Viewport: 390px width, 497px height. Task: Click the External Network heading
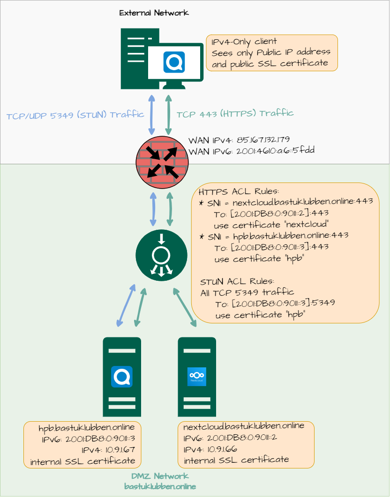[x=154, y=13]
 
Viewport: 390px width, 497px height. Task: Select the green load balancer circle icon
[x=161, y=255]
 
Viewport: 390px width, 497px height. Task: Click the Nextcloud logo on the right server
[x=197, y=376]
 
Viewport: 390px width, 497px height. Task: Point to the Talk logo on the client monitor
[x=174, y=62]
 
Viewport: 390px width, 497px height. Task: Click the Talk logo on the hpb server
[x=122, y=377]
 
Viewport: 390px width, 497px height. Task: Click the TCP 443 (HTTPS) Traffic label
[x=235, y=113]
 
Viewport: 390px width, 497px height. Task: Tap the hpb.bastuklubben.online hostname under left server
[x=87, y=428]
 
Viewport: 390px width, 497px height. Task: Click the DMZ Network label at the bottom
[x=160, y=476]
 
